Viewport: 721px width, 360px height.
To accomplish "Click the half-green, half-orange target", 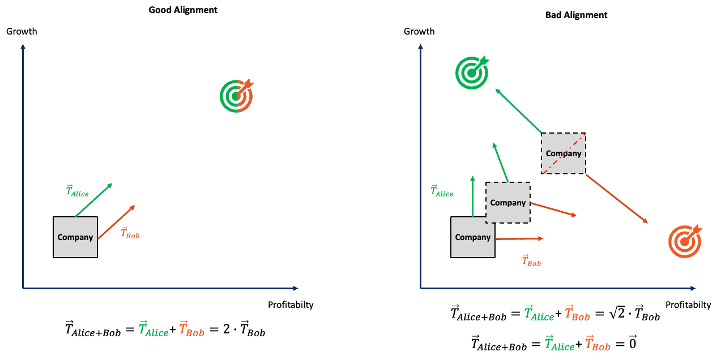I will (236, 96).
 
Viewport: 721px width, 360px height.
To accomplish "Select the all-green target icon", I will (472, 72).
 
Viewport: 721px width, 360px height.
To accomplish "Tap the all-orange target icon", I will (685, 242).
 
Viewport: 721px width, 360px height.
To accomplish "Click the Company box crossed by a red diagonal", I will (563, 153).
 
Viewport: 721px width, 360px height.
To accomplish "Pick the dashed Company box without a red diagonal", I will (508, 203).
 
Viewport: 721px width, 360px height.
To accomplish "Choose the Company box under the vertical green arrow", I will (472, 237).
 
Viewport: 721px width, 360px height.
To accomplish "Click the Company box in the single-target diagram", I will (75, 237).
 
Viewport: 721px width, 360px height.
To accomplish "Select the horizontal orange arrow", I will (519, 239).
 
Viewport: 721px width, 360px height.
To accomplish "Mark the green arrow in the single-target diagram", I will (93, 200).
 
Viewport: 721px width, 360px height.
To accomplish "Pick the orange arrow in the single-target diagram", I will (116, 222).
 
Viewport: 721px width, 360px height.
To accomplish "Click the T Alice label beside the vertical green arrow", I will (442, 191).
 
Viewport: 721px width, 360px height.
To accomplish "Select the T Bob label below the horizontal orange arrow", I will (531, 261).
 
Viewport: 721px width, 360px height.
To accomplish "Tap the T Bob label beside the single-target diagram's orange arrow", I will (130, 233).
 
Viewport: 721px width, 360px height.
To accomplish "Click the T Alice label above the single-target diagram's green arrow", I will (78, 191).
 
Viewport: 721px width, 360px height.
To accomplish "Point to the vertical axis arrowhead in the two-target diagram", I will (420, 46).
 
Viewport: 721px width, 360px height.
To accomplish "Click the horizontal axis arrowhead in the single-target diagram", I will (295, 288).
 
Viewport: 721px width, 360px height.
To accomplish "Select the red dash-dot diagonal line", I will (564, 153).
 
